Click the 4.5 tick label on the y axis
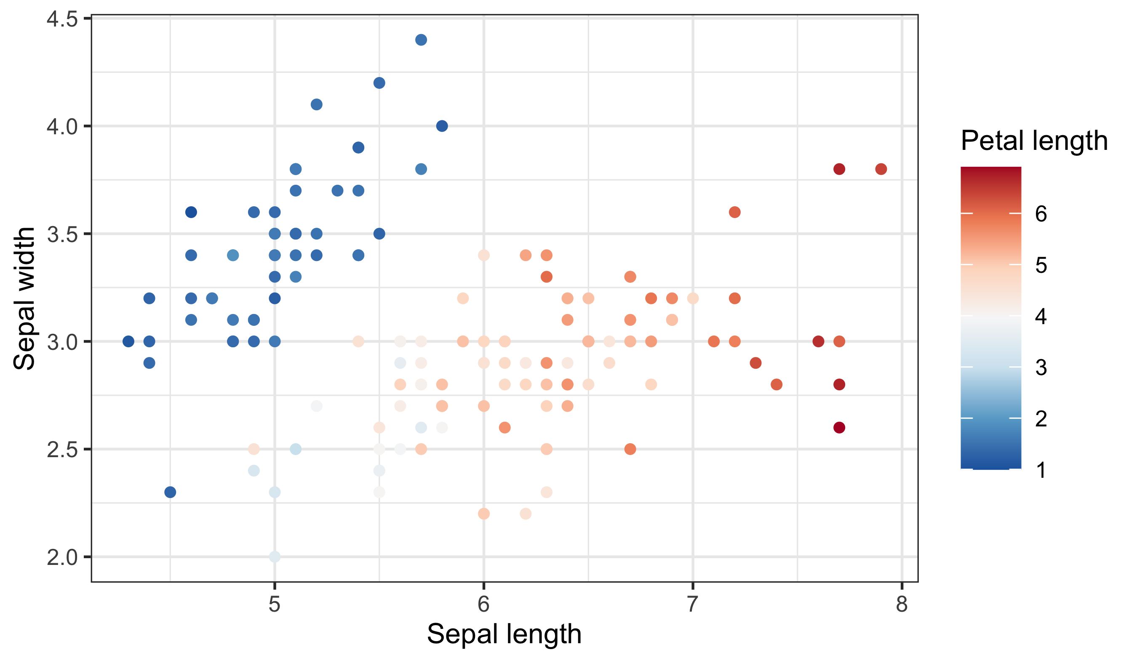click(x=62, y=19)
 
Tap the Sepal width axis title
click(x=24, y=298)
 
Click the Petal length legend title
click(x=1034, y=141)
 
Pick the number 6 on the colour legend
click(x=1041, y=214)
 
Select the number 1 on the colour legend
click(x=1041, y=470)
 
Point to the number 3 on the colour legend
click(x=1041, y=367)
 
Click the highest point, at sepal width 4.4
click(x=421, y=40)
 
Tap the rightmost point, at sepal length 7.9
click(x=881, y=169)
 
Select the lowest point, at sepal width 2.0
click(x=275, y=557)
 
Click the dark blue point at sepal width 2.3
click(x=170, y=492)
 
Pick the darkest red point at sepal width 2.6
click(x=839, y=428)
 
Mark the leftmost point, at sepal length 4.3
click(x=128, y=341)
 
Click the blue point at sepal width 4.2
click(x=379, y=83)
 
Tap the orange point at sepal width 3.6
click(x=734, y=212)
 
